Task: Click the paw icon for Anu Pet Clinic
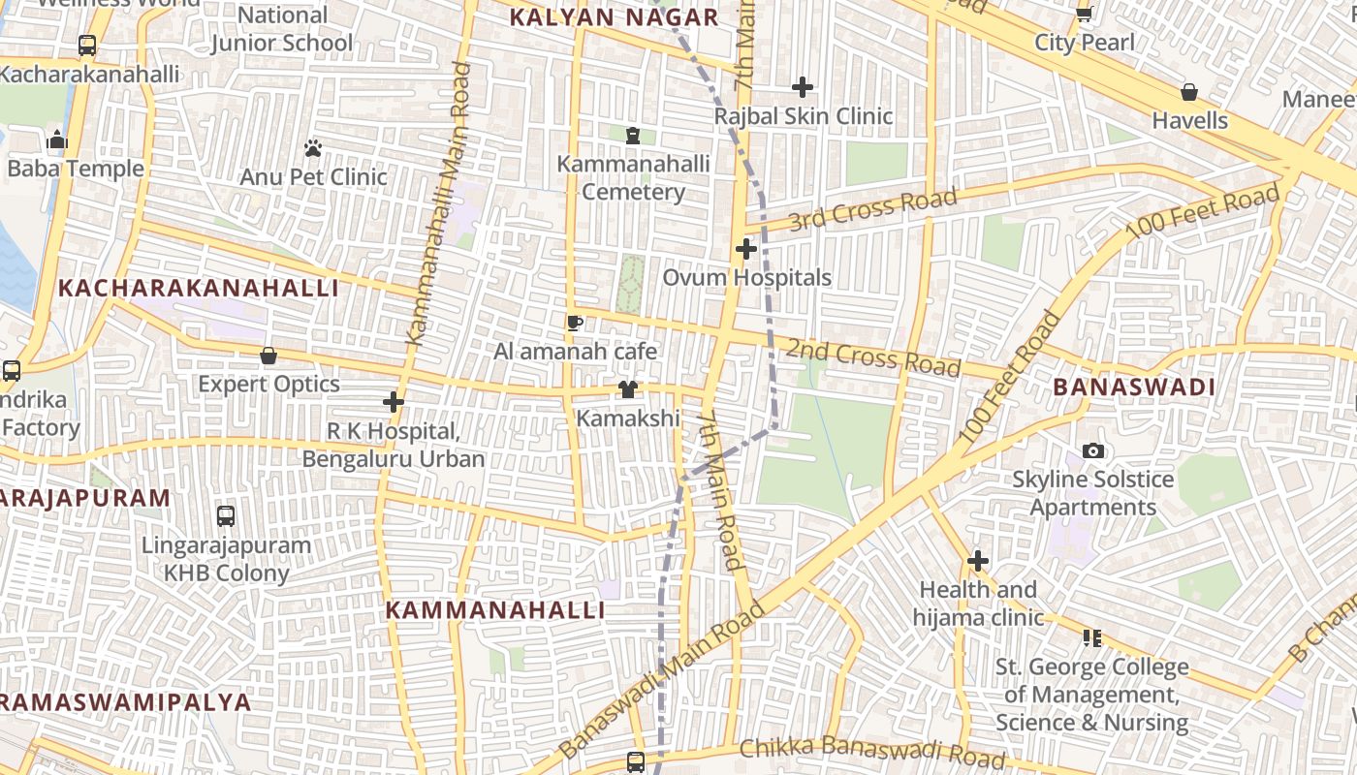(x=313, y=148)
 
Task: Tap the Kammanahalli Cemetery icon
(x=633, y=136)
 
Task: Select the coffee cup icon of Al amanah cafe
(x=575, y=323)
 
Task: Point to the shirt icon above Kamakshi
(x=628, y=389)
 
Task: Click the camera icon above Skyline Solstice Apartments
(x=1093, y=450)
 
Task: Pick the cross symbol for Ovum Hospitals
(x=745, y=249)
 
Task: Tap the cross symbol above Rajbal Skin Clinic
(x=803, y=87)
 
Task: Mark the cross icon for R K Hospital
(x=394, y=401)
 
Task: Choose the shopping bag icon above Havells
(x=1189, y=92)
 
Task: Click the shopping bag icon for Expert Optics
(x=268, y=356)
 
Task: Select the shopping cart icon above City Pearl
(x=1085, y=14)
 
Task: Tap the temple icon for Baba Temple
(x=57, y=139)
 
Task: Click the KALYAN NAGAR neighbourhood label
(x=615, y=17)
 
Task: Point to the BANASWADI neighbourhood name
(x=1133, y=387)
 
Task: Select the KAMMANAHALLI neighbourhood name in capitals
(x=495, y=610)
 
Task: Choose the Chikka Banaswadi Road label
(x=871, y=752)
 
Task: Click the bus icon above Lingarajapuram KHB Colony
(x=226, y=516)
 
